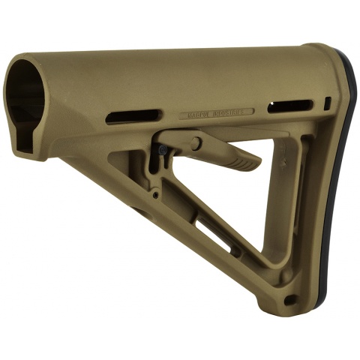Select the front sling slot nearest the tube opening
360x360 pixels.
pos(133,116)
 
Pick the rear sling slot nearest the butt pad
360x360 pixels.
pos(290,106)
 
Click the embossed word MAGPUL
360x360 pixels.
pos(198,115)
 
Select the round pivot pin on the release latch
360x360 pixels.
pos(196,143)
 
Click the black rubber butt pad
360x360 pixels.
pos(350,187)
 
